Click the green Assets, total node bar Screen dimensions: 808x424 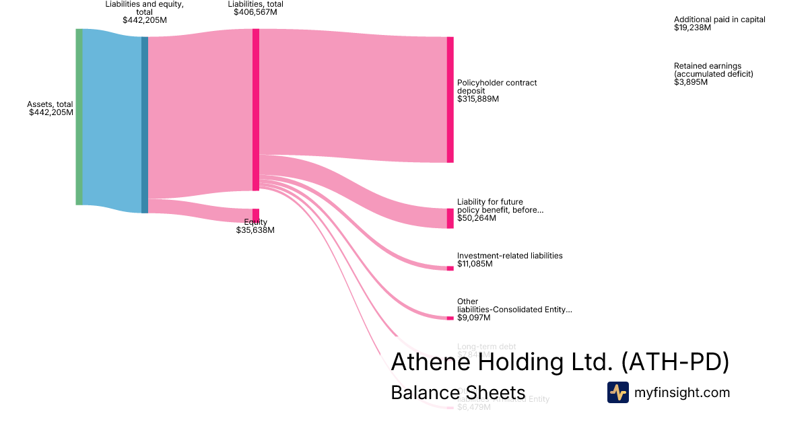point(79,116)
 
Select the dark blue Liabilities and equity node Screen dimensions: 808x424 point(144,125)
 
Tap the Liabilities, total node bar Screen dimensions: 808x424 point(256,110)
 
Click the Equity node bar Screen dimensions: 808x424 point(256,215)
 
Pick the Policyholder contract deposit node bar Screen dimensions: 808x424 point(450,100)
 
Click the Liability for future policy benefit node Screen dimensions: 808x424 point(450,218)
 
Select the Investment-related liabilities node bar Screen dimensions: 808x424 point(450,269)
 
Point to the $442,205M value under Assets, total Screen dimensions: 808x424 point(51,112)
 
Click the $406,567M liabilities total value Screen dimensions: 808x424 point(255,12)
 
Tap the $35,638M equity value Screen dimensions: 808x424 point(255,230)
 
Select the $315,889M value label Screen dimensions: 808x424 point(478,99)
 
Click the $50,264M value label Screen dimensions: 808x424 point(475,218)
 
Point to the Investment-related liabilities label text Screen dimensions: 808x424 point(510,256)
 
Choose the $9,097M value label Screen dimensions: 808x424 point(473,318)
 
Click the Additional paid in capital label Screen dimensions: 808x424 point(719,20)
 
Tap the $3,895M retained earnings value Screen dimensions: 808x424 point(691,82)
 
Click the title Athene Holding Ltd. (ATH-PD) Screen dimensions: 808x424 point(560,362)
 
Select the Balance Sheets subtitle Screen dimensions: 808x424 point(457,393)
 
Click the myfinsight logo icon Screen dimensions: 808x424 point(617,392)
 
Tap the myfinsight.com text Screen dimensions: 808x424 point(682,392)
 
